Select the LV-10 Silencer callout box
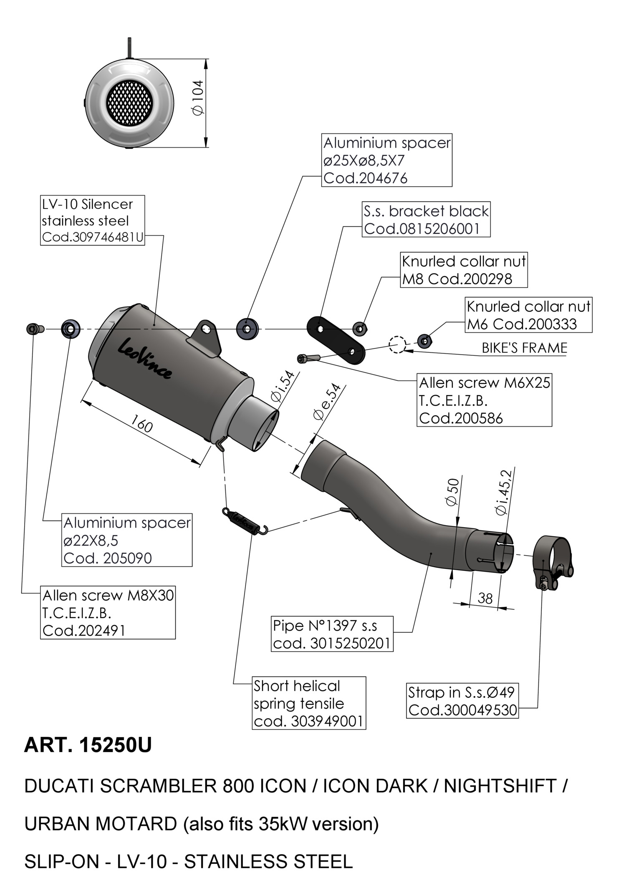click(x=93, y=220)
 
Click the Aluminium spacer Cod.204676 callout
click(x=386, y=160)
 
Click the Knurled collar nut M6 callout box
click(x=528, y=315)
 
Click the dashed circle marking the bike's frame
click(x=397, y=344)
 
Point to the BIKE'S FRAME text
click(x=524, y=348)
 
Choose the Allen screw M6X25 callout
click(x=484, y=400)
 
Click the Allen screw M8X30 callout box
click(x=108, y=612)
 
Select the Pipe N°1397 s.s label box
click(x=332, y=634)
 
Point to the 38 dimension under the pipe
click(x=485, y=598)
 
